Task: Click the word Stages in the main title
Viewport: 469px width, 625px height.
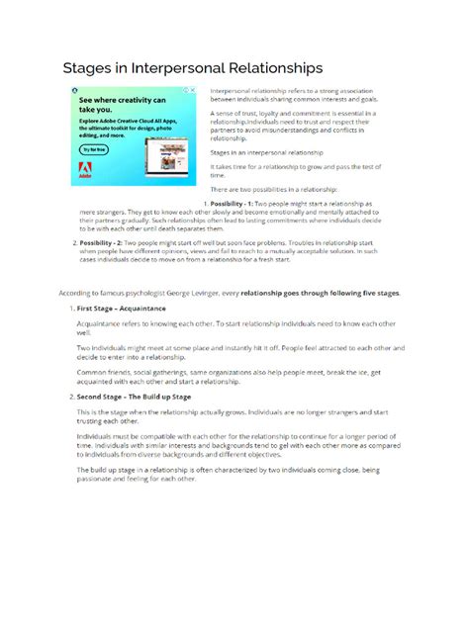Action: tap(91, 68)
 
